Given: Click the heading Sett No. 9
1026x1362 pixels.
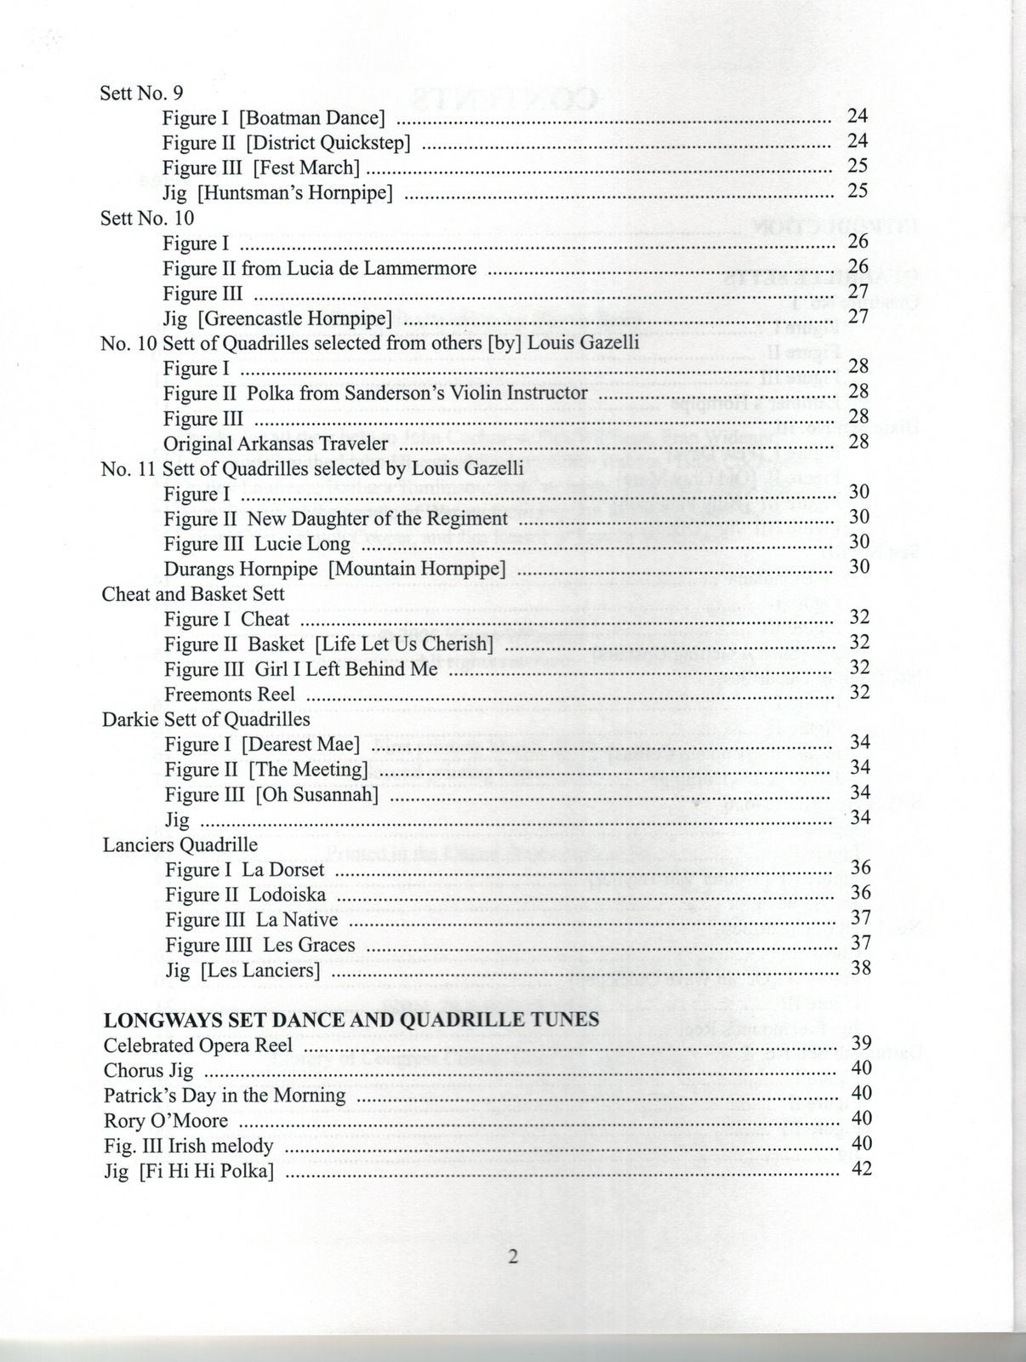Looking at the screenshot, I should tap(141, 92).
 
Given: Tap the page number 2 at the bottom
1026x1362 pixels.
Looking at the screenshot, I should tap(513, 1257).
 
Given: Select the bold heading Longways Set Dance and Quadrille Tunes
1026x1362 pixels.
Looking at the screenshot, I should tap(351, 1019).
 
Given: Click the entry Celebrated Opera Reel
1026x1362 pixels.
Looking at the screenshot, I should tap(197, 1044).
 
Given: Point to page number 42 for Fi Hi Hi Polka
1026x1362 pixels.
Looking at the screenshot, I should tap(861, 1169).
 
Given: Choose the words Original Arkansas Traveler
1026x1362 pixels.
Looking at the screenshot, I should tap(276, 444).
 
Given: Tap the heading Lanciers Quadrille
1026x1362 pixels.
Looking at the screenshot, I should tap(180, 844).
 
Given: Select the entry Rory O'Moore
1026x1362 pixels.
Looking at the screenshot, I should tap(166, 1120).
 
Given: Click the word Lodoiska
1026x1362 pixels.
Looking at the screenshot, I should tap(288, 895).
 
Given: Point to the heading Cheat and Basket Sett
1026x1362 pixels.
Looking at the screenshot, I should tap(193, 593).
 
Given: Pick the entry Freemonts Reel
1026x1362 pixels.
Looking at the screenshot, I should tap(230, 694).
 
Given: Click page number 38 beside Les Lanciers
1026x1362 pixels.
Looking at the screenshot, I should tap(860, 968).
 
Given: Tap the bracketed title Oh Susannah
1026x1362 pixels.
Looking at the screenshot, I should tap(316, 795).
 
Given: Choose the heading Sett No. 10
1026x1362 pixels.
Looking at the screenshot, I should tap(147, 218).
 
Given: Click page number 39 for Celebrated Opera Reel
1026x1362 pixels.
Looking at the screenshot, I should tap(861, 1043).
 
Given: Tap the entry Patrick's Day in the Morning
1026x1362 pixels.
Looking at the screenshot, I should tap(225, 1095).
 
